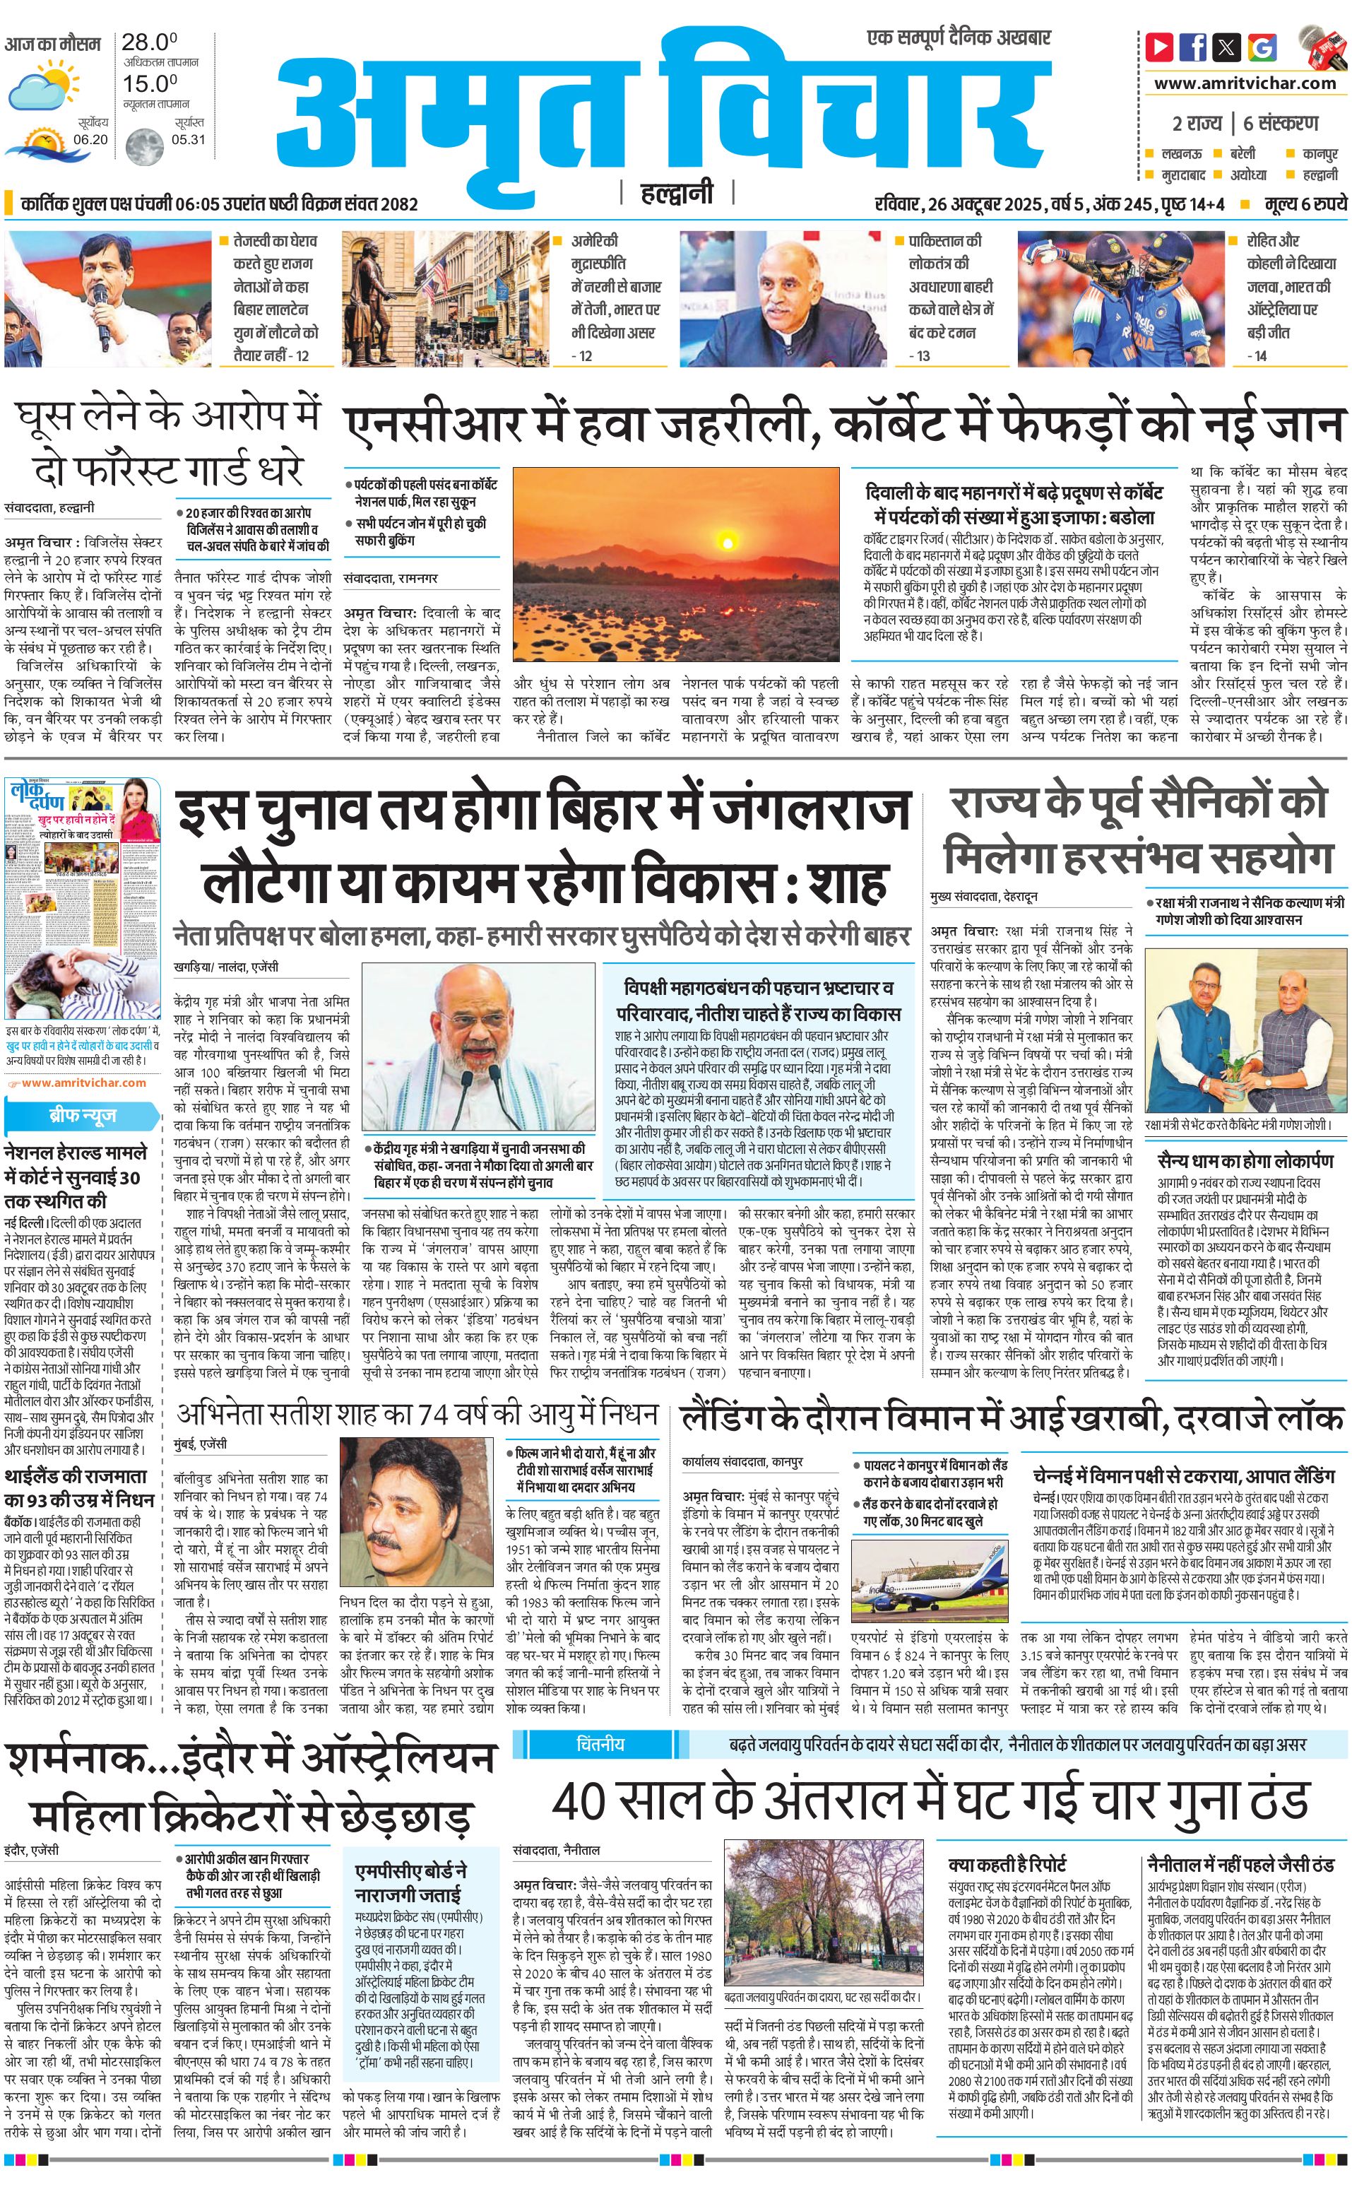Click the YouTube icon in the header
(x=1160, y=47)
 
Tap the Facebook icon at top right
(x=1192, y=47)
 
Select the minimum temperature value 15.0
(x=148, y=83)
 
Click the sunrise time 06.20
(x=90, y=139)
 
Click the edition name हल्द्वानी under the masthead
(x=677, y=192)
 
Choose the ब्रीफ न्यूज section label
(x=81, y=1116)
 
